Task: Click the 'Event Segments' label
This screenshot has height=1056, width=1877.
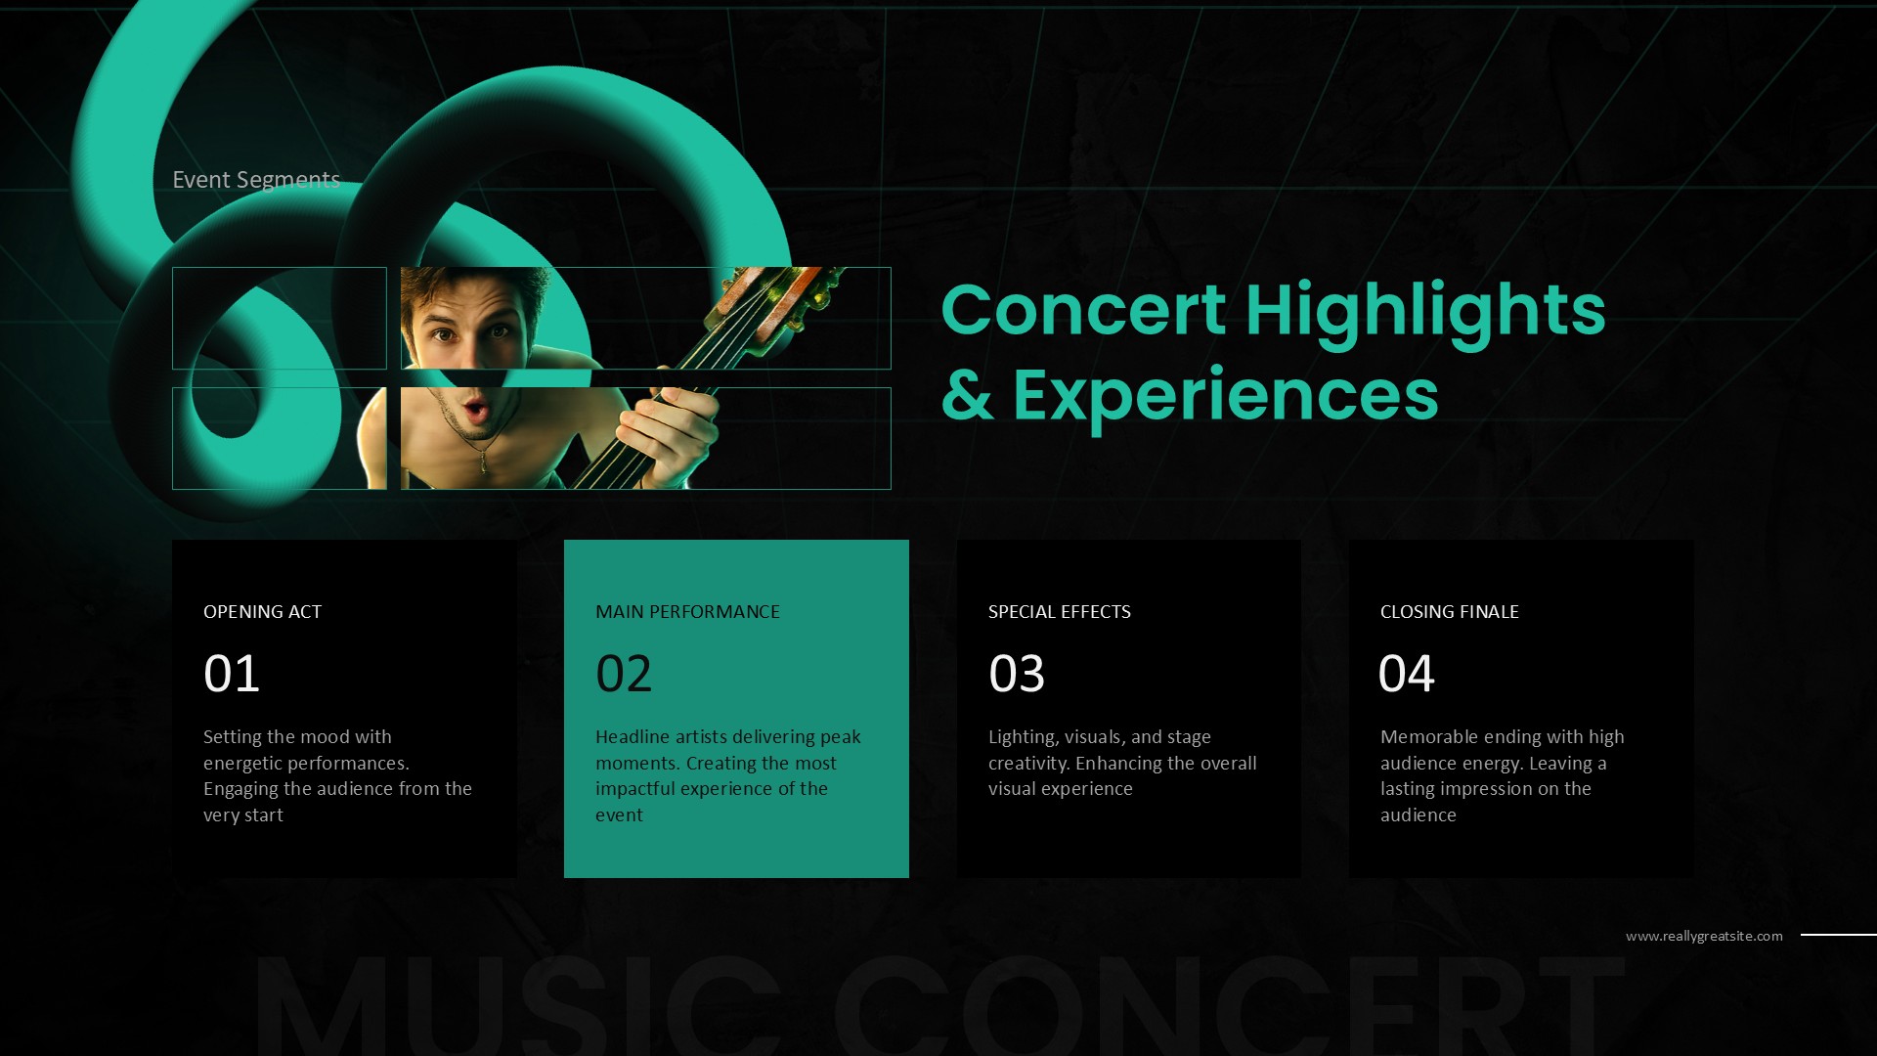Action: pyautogui.click(x=256, y=180)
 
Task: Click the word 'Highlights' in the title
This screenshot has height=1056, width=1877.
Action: pyautogui.click(x=1424, y=311)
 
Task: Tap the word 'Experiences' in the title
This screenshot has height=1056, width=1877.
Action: pyautogui.click(x=1225, y=396)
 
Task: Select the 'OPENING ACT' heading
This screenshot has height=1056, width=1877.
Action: pyautogui.click(x=262, y=612)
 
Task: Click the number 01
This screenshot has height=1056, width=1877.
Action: pyautogui.click(x=232, y=674)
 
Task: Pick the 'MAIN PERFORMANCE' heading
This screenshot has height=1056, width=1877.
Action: pyautogui.click(x=687, y=612)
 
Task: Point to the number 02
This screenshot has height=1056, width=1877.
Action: pyautogui.click(x=624, y=674)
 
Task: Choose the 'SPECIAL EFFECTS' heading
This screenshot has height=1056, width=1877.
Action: pyautogui.click(x=1059, y=612)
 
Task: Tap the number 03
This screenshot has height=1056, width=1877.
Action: pyautogui.click(x=1017, y=674)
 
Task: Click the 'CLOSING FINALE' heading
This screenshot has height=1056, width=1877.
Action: pyautogui.click(x=1449, y=612)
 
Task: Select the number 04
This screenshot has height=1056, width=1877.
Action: pyautogui.click(x=1406, y=674)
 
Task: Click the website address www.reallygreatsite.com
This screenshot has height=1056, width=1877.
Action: pyautogui.click(x=1704, y=937)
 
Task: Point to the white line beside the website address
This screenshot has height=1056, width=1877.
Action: pyautogui.click(x=1838, y=935)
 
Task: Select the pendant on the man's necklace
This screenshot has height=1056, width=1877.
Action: pyautogui.click(x=483, y=462)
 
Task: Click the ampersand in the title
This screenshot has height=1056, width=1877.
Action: pyautogui.click(x=967, y=396)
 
